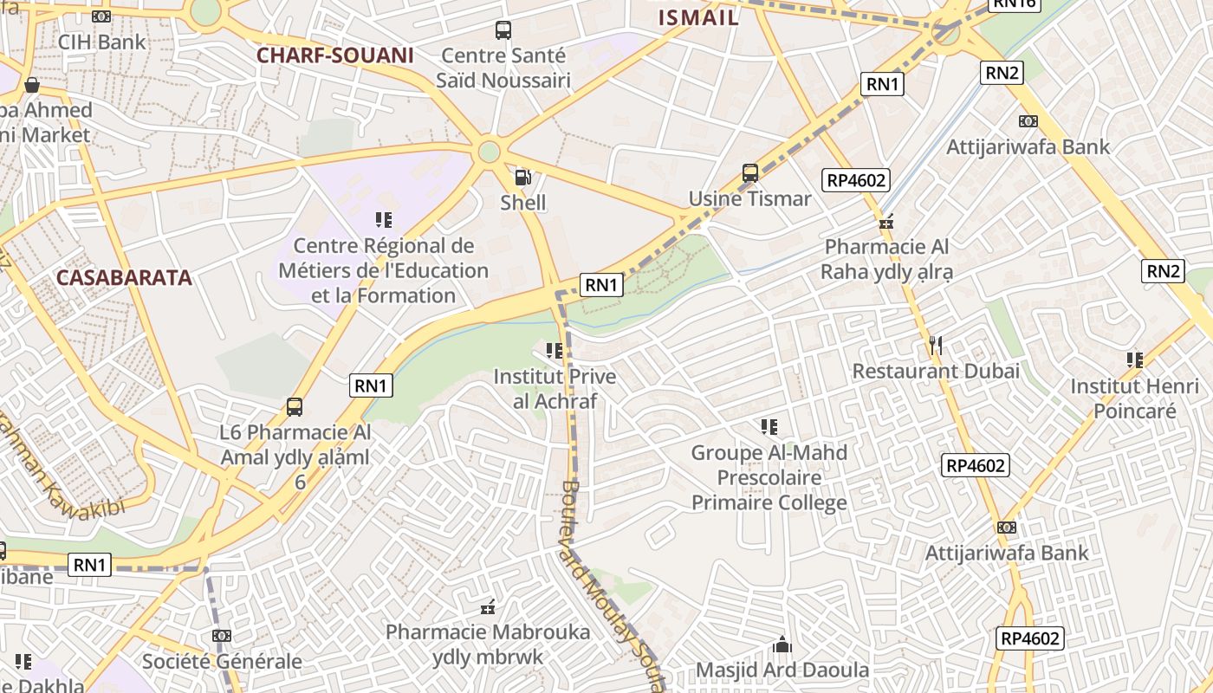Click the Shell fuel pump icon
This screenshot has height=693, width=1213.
coord(522,178)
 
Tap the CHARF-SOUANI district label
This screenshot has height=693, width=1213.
coord(334,55)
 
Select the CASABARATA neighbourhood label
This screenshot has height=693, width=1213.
coord(124,278)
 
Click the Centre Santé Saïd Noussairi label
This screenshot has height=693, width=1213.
coord(503,68)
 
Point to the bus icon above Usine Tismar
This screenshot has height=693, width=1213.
coord(750,173)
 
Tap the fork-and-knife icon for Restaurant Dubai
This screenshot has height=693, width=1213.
coord(935,346)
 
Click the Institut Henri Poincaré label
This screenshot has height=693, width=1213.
coord(1134,398)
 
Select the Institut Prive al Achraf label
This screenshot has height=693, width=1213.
coord(555,389)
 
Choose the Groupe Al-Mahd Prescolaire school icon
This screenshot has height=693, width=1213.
coord(769,426)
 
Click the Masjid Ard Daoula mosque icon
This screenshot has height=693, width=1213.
coord(782,644)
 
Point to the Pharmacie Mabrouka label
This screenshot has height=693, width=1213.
coord(488,644)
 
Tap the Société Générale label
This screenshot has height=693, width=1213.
coord(223,662)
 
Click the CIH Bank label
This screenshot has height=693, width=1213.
coord(102,42)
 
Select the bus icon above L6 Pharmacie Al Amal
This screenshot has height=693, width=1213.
coord(295,406)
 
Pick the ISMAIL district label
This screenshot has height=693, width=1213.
coord(698,17)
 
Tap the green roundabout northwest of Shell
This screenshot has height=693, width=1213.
coord(489,152)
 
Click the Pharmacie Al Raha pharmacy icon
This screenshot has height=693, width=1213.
coord(886,223)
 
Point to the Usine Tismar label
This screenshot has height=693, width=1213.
coord(749,198)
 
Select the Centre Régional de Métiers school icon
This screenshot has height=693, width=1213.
coord(383,220)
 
